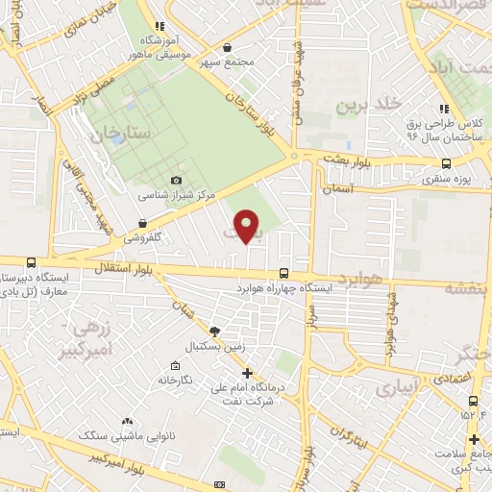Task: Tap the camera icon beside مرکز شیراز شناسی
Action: pyautogui.click(x=175, y=180)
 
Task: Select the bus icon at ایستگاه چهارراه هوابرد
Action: pyautogui.click(x=283, y=272)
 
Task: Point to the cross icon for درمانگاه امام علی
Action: pyautogui.click(x=247, y=372)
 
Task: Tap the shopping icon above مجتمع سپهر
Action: pyautogui.click(x=226, y=46)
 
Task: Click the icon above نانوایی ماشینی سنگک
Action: pyautogui.click(x=127, y=421)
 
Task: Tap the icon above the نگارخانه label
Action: pyautogui.click(x=174, y=366)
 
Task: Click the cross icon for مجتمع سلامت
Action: pyautogui.click(x=474, y=440)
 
